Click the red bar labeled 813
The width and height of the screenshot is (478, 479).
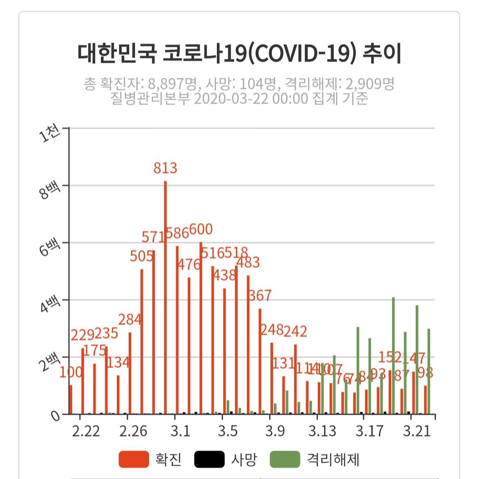click(166, 296)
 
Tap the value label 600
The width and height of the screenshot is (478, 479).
click(201, 230)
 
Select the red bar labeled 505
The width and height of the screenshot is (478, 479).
click(142, 341)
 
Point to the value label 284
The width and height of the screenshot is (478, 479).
click(130, 319)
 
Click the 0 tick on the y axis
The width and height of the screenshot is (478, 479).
click(54, 416)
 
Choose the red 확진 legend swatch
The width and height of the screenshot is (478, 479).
click(134, 460)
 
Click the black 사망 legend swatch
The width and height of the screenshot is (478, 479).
click(209, 460)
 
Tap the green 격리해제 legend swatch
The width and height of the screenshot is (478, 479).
click(285, 460)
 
